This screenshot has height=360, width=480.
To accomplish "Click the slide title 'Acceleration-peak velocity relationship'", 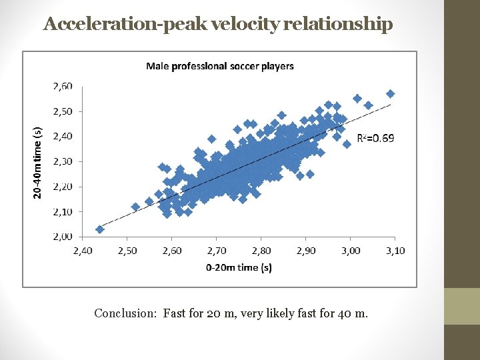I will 218,25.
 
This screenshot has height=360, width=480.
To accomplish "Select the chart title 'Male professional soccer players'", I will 219,65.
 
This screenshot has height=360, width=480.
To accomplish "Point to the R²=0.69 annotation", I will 376,139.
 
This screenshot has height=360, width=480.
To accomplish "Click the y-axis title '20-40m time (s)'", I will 38,163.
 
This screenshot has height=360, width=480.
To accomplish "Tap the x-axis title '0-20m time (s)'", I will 239,267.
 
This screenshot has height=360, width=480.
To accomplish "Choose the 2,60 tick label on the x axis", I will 172,251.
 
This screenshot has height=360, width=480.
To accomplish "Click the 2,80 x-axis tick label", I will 261,251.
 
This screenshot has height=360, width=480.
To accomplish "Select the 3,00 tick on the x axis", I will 351,251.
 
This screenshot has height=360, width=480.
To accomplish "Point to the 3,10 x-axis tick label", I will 395,251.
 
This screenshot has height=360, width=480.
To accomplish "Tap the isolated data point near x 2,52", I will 135,207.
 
